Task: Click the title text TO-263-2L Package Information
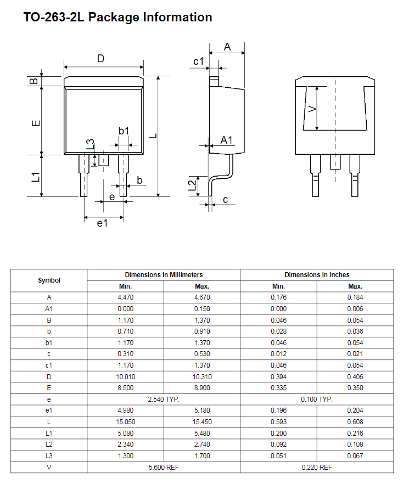(x=118, y=18)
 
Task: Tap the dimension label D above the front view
(x=100, y=58)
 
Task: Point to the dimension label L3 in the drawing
(x=91, y=144)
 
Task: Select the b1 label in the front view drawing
(x=124, y=131)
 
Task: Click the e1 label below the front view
(x=102, y=223)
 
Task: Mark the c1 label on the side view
(x=199, y=61)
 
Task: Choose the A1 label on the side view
(x=226, y=140)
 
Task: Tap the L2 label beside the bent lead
(x=192, y=185)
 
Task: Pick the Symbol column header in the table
(x=49, y=280)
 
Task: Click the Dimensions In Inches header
(x=317, y=275)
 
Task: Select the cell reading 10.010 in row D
(x=126, y=377)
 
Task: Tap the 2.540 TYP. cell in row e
(x=164, y=399)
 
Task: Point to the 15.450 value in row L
(x=202, y=422)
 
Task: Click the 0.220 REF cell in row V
(x=317, y=467)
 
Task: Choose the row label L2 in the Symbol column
(x=49, y=444)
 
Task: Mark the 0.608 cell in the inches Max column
(x=355, y=422)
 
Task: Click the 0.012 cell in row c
(x=278, y=354)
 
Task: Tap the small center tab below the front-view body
(x=104, y=160)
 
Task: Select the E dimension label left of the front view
(x=36, y=123)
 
